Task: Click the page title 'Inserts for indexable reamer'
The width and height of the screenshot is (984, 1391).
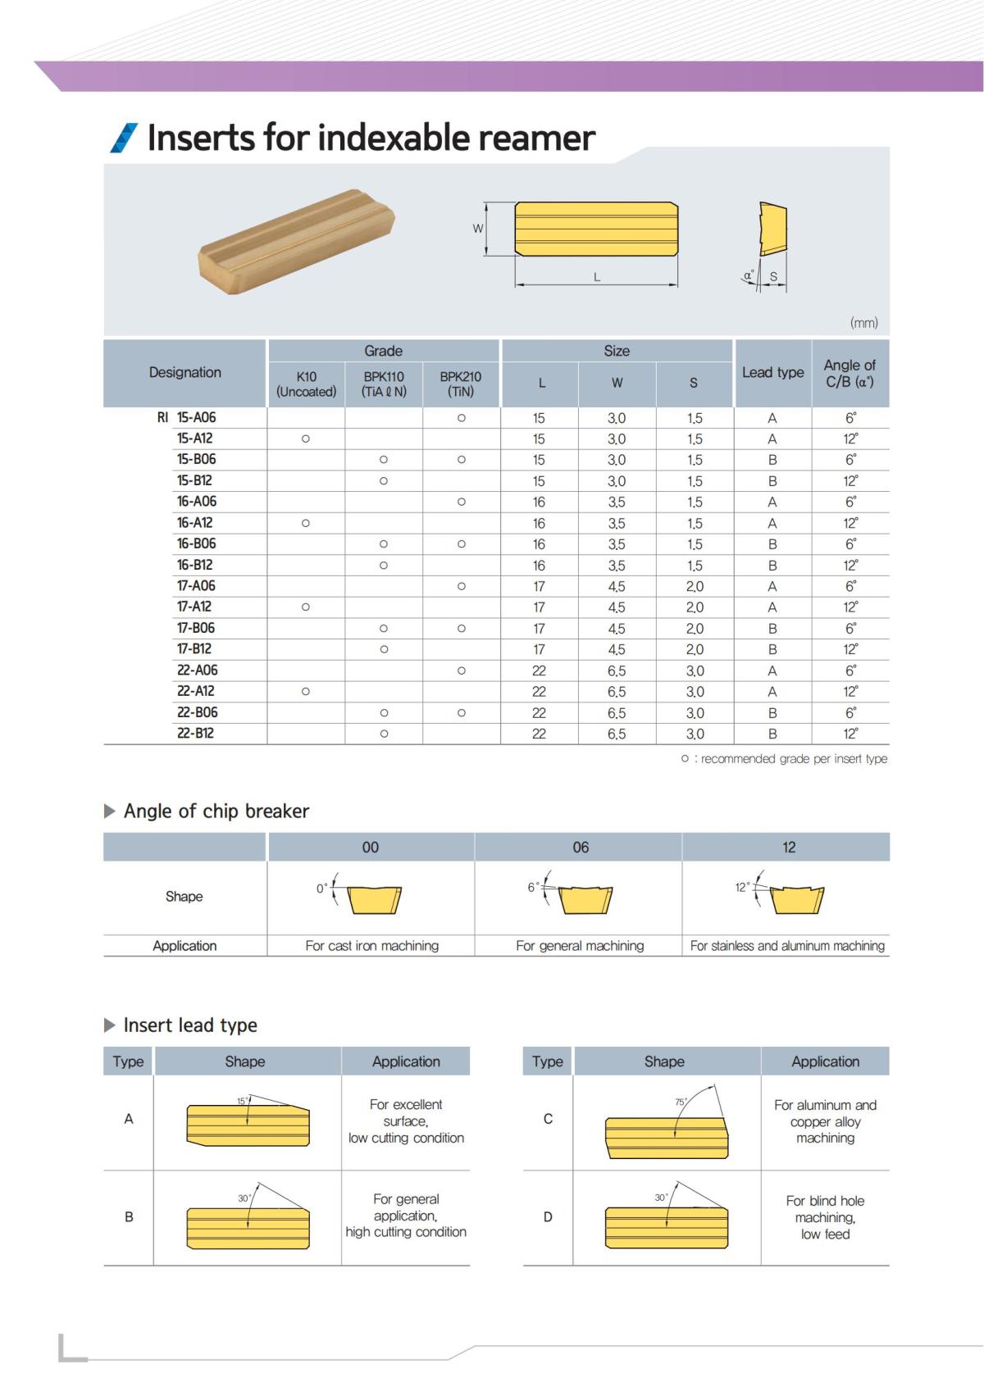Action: coord(371,138)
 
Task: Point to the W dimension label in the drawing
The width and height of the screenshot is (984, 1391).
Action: coord(477,229)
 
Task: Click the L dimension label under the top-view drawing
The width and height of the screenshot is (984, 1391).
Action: coord(597,277)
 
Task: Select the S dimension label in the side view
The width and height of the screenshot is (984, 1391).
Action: coord(772,277)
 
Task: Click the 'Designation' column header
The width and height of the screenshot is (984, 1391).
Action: coord(185,372)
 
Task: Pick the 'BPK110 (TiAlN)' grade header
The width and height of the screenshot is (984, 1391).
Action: coord(384,384)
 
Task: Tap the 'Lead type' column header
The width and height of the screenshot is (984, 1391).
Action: coord(772,372)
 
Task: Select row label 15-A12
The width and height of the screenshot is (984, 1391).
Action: coord(195,439)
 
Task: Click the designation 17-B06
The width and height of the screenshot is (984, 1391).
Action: coord(196,628)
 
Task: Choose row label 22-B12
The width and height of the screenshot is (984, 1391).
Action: coord(195,734)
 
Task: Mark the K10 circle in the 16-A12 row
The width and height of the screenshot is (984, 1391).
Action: coord(306,523)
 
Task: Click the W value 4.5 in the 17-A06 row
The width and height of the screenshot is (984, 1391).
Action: coord(617,587)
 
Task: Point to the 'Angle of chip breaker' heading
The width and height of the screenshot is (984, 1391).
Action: coord(216,811)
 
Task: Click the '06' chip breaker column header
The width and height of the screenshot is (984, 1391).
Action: coord(581,848)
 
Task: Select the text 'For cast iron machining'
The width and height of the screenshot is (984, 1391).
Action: coord(372,946)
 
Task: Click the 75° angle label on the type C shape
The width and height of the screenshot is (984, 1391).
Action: coord(680,1102)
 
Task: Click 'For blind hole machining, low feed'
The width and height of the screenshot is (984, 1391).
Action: coord(825,1217)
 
